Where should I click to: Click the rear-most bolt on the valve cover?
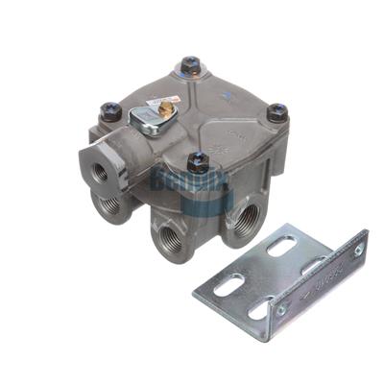point(190,65)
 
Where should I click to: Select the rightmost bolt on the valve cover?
point(277,111)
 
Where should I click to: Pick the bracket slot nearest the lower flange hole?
point(259,309)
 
